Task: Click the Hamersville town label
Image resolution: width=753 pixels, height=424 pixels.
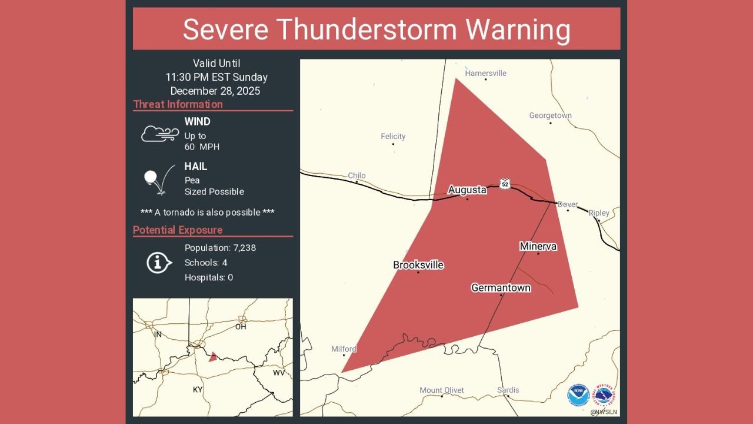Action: pyautogui.click(x=485, y=74)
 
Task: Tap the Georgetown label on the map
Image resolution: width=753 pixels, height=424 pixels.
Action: pyautogui.click(x=550, y=115)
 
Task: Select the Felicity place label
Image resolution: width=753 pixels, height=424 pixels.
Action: pyautogui.click(x=393, y=137)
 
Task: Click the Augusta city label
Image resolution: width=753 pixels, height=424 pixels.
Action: pyautogui.click(x=467, y=190)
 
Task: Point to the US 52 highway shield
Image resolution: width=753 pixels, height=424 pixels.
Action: pyautogui.click(x=505, y=184)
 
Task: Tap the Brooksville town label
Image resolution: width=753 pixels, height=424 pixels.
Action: pyautogui.click(x=418, y=265)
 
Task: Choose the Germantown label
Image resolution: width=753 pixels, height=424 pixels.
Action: pyautogui.click(x=501, y=288)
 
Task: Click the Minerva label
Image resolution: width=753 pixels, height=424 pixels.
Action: pyautogui.click(x=538, y=246)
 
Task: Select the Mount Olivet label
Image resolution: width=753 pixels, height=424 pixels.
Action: pyautogui.click(x=442, y=390)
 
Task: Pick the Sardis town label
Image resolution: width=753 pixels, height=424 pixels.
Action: pyautogui.click(x=508, y=390)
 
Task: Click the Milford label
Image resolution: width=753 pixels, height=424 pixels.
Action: pyautogui.click(x=344, y=349)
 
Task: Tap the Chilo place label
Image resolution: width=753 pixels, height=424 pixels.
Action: pyautogui.click(x=356, y=175)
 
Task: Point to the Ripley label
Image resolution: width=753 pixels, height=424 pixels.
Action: pyautogui.click(x=599, y=213)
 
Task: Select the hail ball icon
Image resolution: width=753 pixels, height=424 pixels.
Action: pyautogui.click(x=151, y=176)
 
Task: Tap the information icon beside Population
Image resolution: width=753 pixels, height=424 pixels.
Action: pyautogui.click(x=158, y=263)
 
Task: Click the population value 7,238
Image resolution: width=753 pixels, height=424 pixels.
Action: pyautogui.click(x=240, y=248)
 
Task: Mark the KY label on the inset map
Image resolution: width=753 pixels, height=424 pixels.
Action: pyautogui.click(x=198, y=390)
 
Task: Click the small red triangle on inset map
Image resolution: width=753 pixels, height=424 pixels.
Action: pyautogui.click(x=213, y=356)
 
